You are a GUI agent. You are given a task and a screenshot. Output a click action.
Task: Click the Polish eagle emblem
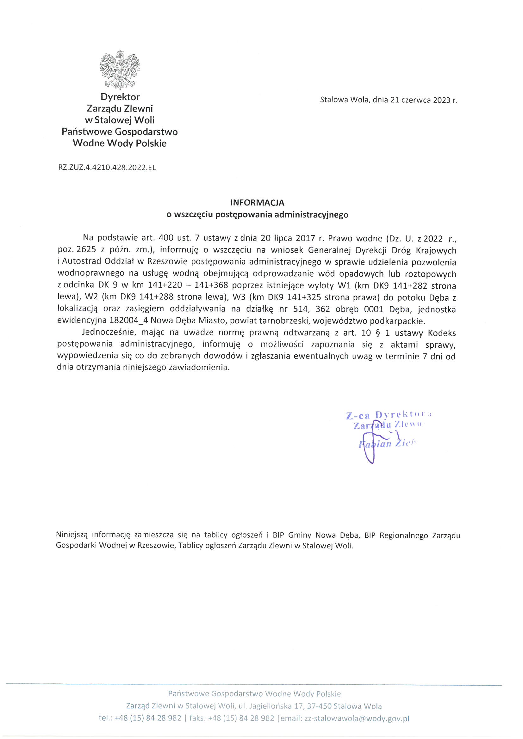coord(120,70)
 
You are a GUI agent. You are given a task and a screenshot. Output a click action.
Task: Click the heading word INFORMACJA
coord(257,203)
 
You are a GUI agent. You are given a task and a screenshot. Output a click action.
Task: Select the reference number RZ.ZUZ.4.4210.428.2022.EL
coord(107,168)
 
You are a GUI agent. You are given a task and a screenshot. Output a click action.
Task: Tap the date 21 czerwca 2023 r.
coord(424,100)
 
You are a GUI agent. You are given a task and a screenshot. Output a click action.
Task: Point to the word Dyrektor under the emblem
coord(120,97)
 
